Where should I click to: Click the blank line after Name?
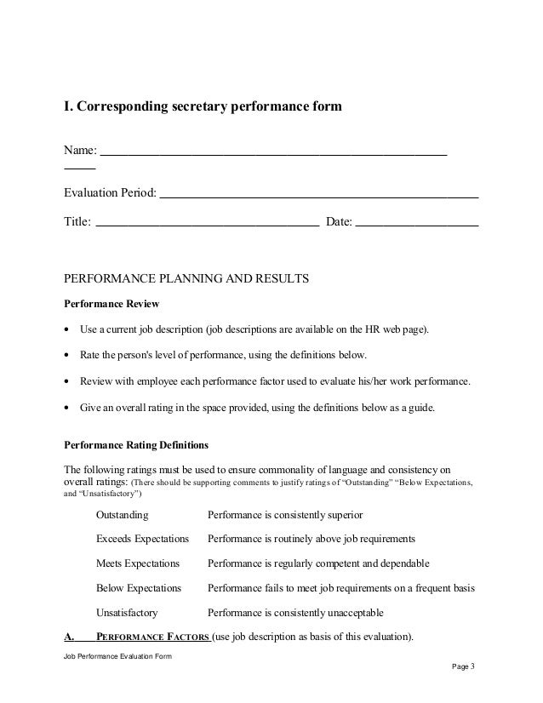point(273,154)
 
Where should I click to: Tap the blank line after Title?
point(208,225)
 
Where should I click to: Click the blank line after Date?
point(416,225)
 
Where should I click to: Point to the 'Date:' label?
point(339,222)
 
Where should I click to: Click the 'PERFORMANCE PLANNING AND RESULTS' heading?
point(186,278)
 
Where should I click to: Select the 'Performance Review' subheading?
point(111,304)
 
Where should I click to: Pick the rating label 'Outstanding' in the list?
point(122,515)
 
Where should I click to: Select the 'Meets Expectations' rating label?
point(138,563)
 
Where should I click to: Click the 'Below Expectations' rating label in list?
point(139,587)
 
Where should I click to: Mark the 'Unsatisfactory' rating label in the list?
point(127,612)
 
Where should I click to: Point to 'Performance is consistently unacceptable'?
point(295,612)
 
